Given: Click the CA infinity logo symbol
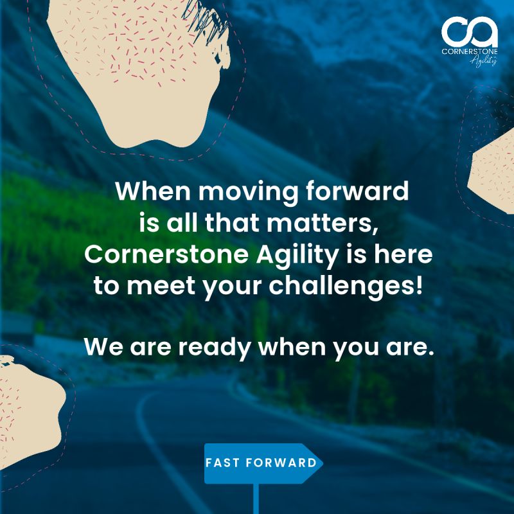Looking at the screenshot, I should coord(469,29).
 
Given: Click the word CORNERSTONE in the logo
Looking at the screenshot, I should coord(469,50).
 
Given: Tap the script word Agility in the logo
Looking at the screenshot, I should coord(483,60).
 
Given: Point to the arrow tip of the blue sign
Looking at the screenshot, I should coord(320,463).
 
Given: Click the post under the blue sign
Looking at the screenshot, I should coord(257,498).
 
